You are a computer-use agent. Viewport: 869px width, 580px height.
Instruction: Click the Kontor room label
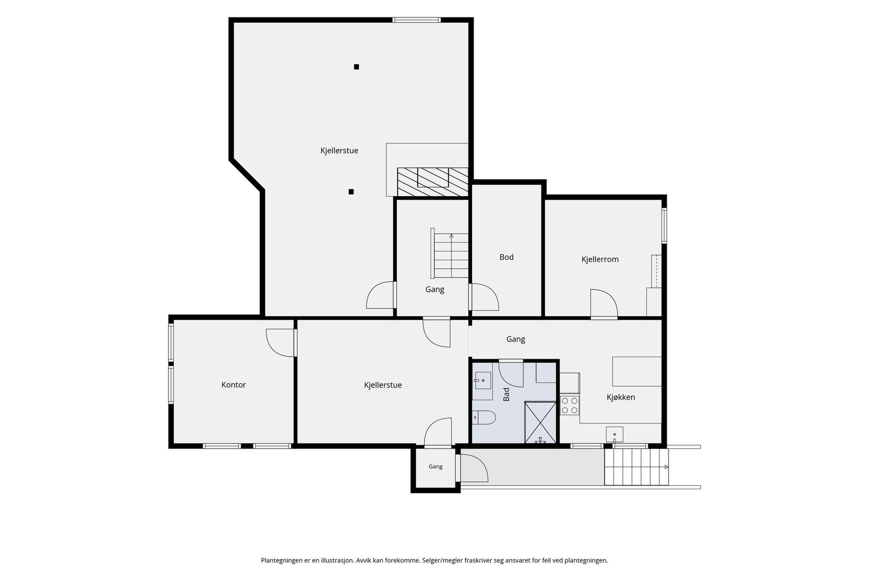(234, 385)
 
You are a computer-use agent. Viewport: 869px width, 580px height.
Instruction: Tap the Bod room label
(506, 257)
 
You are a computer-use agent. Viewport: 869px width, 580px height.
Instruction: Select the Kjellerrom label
(600, 259)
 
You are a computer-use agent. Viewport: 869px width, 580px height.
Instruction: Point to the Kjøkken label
(621, 397)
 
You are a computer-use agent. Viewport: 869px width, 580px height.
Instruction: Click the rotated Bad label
(506, 395)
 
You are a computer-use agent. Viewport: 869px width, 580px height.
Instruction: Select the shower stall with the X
(540, 422)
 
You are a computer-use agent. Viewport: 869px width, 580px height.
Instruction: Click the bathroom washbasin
(483, 381)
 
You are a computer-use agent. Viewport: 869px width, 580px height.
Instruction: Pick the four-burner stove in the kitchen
(570, 405)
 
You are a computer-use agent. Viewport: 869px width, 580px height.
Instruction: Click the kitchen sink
(614, 434)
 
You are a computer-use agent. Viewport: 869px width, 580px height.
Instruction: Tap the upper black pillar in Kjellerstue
(356, 67)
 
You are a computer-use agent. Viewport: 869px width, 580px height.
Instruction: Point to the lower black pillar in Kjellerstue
(351, 192)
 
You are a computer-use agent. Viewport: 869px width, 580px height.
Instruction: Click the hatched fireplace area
(432, 182)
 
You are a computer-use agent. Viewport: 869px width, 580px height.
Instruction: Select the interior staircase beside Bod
(450, 255)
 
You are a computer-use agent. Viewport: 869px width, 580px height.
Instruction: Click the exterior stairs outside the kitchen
(636, 466)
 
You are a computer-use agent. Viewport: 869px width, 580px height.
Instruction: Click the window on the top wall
(417, 20)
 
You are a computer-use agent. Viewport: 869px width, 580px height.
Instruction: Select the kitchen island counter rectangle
(637, 371)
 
